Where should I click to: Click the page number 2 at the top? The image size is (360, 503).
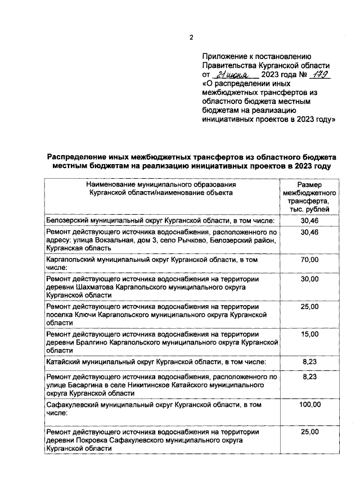191,38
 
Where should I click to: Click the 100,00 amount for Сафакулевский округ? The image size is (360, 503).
309,404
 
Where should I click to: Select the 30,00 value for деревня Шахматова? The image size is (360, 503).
309,278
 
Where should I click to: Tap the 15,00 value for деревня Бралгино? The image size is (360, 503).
309,334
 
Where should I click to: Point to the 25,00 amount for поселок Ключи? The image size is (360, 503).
309,306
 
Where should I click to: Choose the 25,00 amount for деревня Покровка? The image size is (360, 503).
309,432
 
